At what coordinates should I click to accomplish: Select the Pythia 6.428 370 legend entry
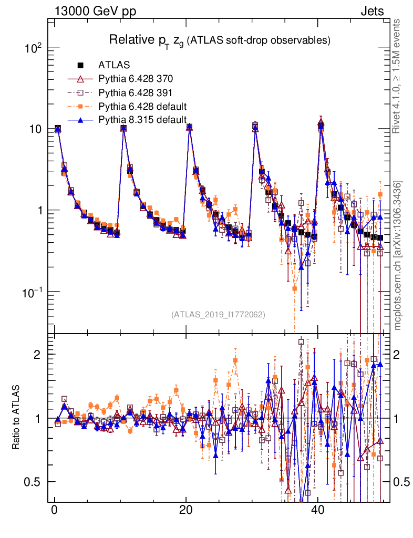point(136,79)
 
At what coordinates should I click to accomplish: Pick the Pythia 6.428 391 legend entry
point(136,93)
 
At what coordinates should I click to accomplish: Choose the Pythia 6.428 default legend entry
point(143,107)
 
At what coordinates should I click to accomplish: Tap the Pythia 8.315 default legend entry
point(143,120)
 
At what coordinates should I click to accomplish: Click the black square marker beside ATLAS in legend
point(81,66)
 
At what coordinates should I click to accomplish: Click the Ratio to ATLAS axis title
point(16,418)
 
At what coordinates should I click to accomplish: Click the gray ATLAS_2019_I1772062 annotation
point(218,315)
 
